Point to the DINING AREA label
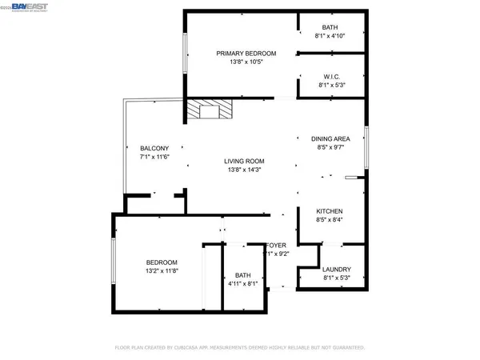331,139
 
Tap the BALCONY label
154,149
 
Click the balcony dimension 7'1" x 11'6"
154,157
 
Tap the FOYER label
276,246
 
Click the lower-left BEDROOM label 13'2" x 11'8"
161,262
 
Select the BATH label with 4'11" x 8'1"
243,274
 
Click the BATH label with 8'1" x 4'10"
330,27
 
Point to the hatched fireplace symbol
210,109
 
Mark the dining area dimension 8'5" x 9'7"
331,147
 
